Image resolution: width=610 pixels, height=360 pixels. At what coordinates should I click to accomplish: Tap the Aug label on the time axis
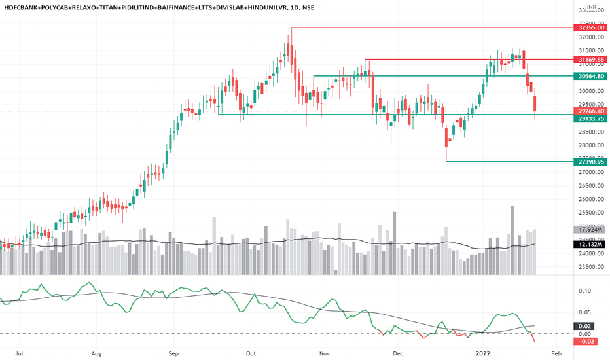(96, 351)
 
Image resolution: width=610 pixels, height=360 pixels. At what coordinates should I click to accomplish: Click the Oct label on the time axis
(250, 351)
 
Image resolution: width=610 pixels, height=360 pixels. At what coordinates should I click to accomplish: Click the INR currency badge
(591, 8)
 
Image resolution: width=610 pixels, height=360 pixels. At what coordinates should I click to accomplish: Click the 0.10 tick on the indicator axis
(585, 291)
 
